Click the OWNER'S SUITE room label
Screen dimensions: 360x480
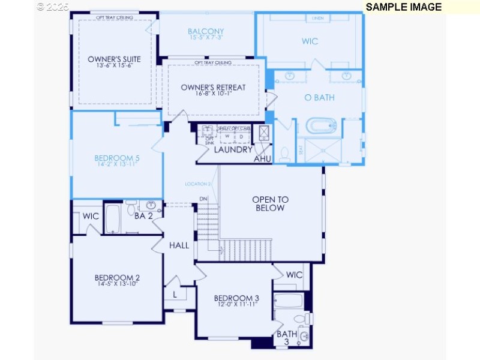(x=114, y=59)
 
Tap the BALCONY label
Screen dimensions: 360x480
(x=205, y=32)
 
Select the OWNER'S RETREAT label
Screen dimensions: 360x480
(x=213, y=88)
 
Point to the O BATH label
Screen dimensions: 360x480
(x=319, y=97)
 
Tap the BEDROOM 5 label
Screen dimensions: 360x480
(x=117, y=158)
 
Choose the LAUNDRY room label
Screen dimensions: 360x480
(x=233, y=149)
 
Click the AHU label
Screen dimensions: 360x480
(x=262, y=159)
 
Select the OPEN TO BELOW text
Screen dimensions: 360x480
(x=270, y=203)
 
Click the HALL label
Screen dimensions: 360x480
(x=179, y=245)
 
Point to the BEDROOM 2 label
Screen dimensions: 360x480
(x=117, y=277)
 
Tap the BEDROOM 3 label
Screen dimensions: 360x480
(x=236, y=298)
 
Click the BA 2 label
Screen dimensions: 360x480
(x=143, y=216)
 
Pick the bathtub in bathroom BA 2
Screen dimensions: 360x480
(x=113, y=220)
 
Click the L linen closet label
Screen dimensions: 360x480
(x=175, y=295)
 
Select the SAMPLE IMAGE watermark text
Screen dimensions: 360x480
(x=403, y=7)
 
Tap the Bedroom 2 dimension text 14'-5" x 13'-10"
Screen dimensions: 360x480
(x=117, y=284)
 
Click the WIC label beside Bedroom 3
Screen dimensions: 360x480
(x=294, y=275)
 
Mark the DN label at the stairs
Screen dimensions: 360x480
(x=203, y=199)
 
